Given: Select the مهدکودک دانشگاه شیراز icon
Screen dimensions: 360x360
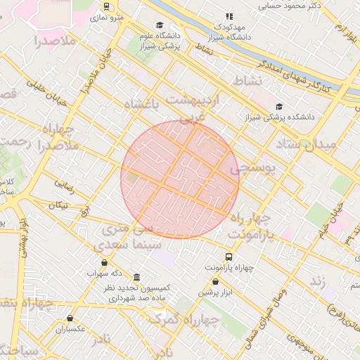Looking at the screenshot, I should pyautogui.click(x=229, y=16).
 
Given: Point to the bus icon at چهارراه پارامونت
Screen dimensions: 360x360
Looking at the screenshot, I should pyautogui.click(x=229, y=257).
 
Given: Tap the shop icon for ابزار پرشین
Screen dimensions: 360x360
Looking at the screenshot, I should pyautogui.click(x=215, y=281).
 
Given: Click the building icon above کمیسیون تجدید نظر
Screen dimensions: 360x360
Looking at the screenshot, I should pyautogui.click(x=136, y=277).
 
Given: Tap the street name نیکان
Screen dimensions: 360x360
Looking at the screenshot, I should pyautogui.click(x=59, y=205).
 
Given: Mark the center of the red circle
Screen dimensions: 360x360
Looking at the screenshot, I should pyautogui.click(x=180, y=179).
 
